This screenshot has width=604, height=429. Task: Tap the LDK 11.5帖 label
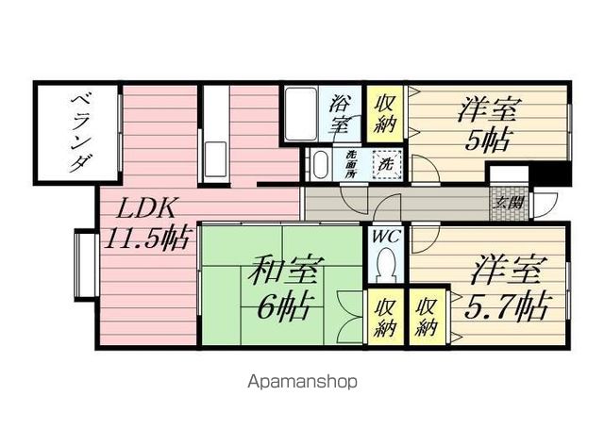[149, 223]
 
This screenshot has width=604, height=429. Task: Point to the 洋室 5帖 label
[487, 124]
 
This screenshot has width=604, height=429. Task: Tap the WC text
[385, 236]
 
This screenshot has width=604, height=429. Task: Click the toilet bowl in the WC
[385, 269]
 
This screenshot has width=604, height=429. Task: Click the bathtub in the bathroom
[301, 113]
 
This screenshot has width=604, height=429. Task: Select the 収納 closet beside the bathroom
[386, 112]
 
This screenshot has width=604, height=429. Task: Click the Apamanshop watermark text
[302, 382]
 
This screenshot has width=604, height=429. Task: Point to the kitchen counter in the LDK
[214, 132]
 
